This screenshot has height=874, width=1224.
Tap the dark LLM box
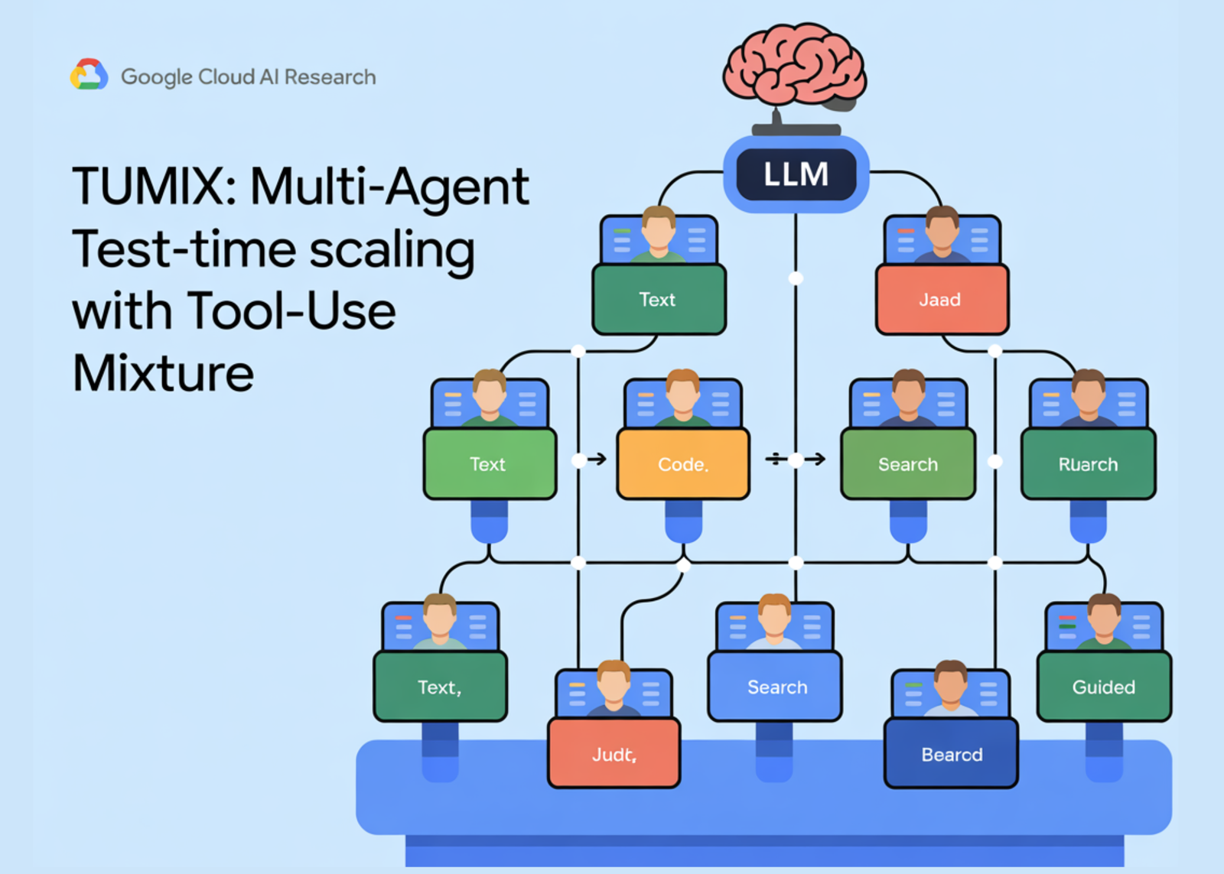click(x=796, y=174)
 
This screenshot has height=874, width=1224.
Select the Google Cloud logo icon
click(x=89, y=75)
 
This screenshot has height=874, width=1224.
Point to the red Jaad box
click(x=942, y=300)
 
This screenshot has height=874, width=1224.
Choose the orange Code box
click(x=683, y=464)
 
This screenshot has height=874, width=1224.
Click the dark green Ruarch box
click(x=1088, y=464)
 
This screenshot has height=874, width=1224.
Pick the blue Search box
click(x=775, y=687)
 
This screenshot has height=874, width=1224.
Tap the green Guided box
click(x=1104, y=687)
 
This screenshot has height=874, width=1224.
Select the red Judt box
click(x=614, y=754)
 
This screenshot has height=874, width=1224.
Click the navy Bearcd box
click(x=951, y=754)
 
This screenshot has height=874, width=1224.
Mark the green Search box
click(x=908, y=464)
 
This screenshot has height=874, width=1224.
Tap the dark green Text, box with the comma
click(x=440, y=687)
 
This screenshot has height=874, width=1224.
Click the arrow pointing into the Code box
click(x=597, y=459)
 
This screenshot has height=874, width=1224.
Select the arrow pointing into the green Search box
click(x=816, y=459)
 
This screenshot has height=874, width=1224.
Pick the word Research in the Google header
click(x=330, y=77)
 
